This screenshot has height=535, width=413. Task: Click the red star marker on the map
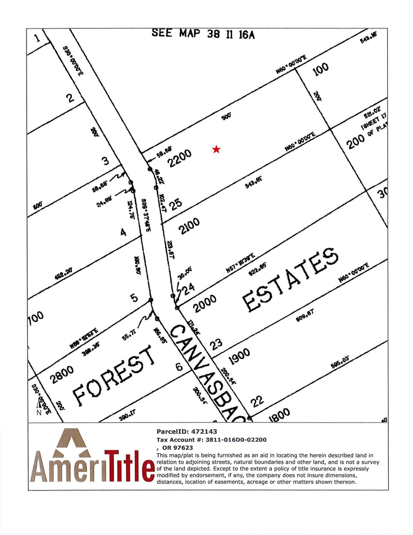[216, 149]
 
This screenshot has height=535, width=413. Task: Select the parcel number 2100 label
[189, 226]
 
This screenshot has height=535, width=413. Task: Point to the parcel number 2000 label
[205, 303]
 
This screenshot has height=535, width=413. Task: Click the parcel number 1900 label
[240, 356]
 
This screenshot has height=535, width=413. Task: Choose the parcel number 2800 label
[62, 374]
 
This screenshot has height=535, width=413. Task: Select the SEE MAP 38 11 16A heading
[203, 34]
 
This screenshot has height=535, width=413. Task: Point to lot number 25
[175, 204]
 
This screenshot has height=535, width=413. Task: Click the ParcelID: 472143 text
[187, 431]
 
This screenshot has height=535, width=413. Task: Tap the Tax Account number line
[211, 440]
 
